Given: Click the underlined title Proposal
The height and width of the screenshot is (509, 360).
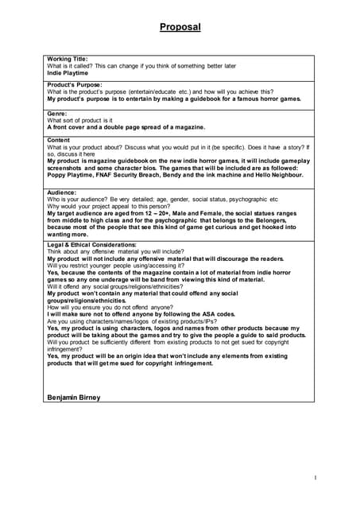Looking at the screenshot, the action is click(x=180, y=27).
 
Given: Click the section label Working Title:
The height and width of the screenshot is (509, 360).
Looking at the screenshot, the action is click(x=68, y=59).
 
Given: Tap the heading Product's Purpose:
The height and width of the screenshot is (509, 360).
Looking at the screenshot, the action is click(x=75, y=85).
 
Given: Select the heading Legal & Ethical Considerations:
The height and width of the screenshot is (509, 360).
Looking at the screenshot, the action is click(x=92, y=245).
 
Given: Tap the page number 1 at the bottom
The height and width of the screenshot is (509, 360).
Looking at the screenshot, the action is click(x=315, y=477).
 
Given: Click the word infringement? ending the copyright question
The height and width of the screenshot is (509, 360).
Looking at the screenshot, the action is click(x=67, y=349).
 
